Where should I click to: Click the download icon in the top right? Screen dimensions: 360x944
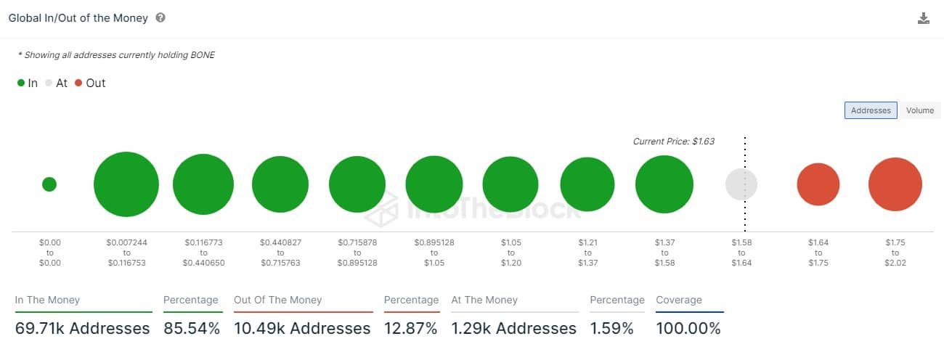coord(924,19)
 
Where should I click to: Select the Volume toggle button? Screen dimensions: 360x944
coord(919,110)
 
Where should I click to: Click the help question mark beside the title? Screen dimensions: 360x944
coord(160,17)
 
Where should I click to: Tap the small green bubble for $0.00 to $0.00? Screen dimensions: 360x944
coord(49,184)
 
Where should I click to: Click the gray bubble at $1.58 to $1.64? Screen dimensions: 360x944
coord(741,184)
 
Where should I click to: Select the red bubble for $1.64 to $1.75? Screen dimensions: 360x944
coord(818,184)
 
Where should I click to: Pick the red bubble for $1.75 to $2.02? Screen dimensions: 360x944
coord(895,184)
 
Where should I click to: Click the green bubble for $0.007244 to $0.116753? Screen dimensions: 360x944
coord(126,184)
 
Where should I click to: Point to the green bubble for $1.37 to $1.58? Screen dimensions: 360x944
coord(664,184)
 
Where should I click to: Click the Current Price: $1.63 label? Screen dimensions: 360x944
coord(674,142)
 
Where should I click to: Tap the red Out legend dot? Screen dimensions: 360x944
coord(78,83)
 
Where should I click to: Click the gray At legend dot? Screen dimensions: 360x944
coord(49,83)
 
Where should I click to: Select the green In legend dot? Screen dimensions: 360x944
coord(21,83)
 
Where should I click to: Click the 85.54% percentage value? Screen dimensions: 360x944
coord(192,329)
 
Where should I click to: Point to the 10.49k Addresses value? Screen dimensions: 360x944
coord(302,329)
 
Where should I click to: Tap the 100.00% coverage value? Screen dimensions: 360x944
coord(688,329)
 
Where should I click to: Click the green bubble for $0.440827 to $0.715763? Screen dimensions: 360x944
coord(280,184)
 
